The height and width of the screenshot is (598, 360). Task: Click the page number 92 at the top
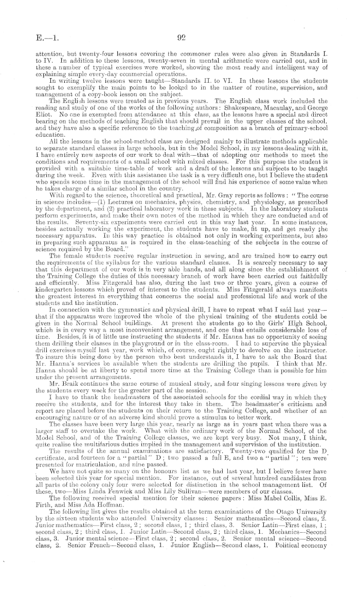tap(181, 37)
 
